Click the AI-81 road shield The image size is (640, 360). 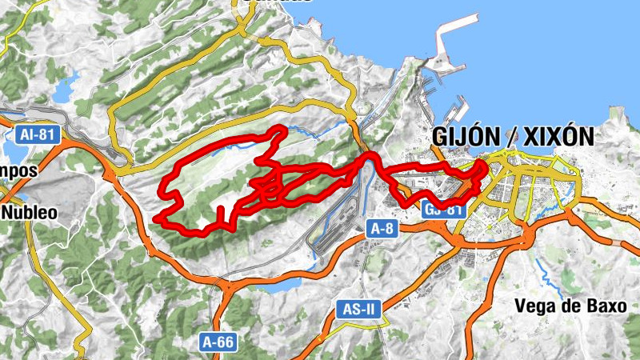tap(39, 134)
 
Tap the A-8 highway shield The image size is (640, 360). tap(381, 229)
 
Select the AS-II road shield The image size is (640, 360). tap(353, 308)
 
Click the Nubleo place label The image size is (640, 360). tap(30, 213)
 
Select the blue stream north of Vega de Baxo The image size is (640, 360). tap(552, 276)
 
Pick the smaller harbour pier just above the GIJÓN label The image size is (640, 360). tap(459, 108)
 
